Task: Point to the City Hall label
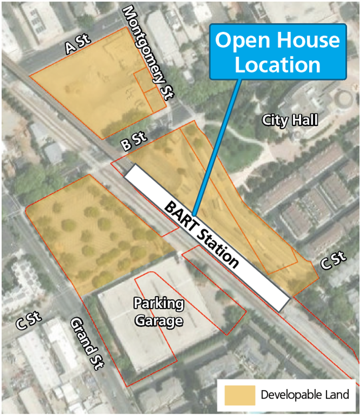point(290,120)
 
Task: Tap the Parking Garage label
point(158,313)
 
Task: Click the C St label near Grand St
point(28,323)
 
